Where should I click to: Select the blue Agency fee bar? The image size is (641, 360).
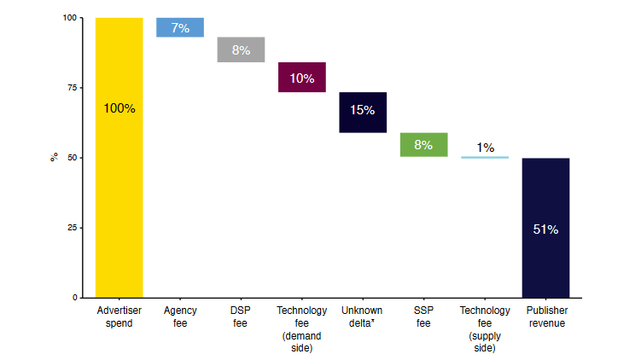[180, 27]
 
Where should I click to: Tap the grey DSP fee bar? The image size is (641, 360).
[241, 49]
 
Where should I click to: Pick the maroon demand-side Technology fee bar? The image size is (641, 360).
[302, 78]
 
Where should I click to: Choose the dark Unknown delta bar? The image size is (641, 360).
[363, 112]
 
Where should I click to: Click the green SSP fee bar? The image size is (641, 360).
[423, 145]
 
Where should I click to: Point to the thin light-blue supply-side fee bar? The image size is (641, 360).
[485, 157]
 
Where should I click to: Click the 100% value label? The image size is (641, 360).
[119, 108]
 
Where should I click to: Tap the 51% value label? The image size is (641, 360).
[545, 229]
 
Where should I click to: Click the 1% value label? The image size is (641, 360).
[485, 148]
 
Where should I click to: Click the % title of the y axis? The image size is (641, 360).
[54, 158]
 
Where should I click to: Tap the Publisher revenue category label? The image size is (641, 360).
[545, 316]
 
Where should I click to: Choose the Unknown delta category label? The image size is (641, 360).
[363, 316]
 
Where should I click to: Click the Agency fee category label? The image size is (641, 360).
[180, 316]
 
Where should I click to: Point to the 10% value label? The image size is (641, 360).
[302, 78]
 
